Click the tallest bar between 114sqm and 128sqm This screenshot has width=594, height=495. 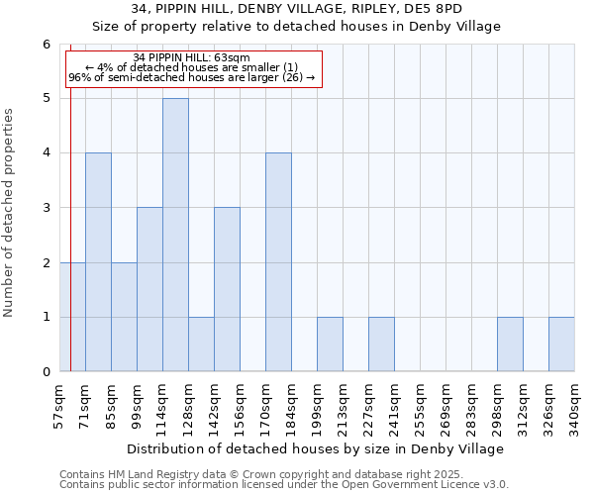pos(175,235)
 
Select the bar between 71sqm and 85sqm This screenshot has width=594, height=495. pos(98,262)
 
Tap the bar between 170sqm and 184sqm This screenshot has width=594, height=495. pos(278,262)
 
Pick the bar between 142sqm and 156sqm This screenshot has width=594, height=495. pos(227,289)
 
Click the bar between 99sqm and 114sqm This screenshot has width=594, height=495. pos(149,289)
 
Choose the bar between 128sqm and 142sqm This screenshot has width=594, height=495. pos(201,345)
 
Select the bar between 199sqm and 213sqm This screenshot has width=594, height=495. pos(330,345)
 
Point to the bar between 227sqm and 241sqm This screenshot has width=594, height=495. pos(381,345)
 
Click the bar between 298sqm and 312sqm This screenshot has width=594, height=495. pos(510,345)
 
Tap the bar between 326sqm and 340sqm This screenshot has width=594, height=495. pos(561,345)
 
